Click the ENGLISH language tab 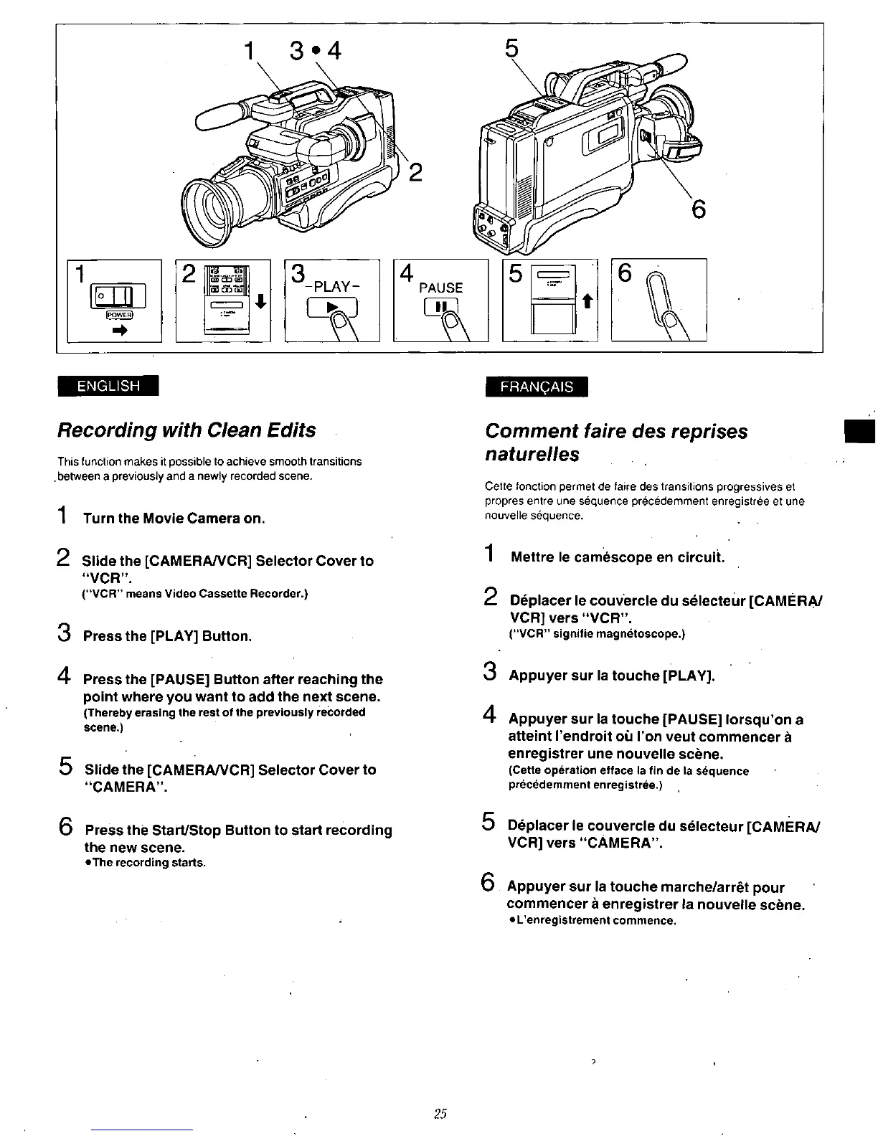point(109,386)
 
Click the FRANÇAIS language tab point(537,387)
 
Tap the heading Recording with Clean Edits point(187,430)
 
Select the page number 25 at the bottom point(440,1113)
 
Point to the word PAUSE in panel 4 point(440,288)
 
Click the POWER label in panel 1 point(118,314)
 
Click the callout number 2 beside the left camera point(415,173)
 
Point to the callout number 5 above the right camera point(511,48)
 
